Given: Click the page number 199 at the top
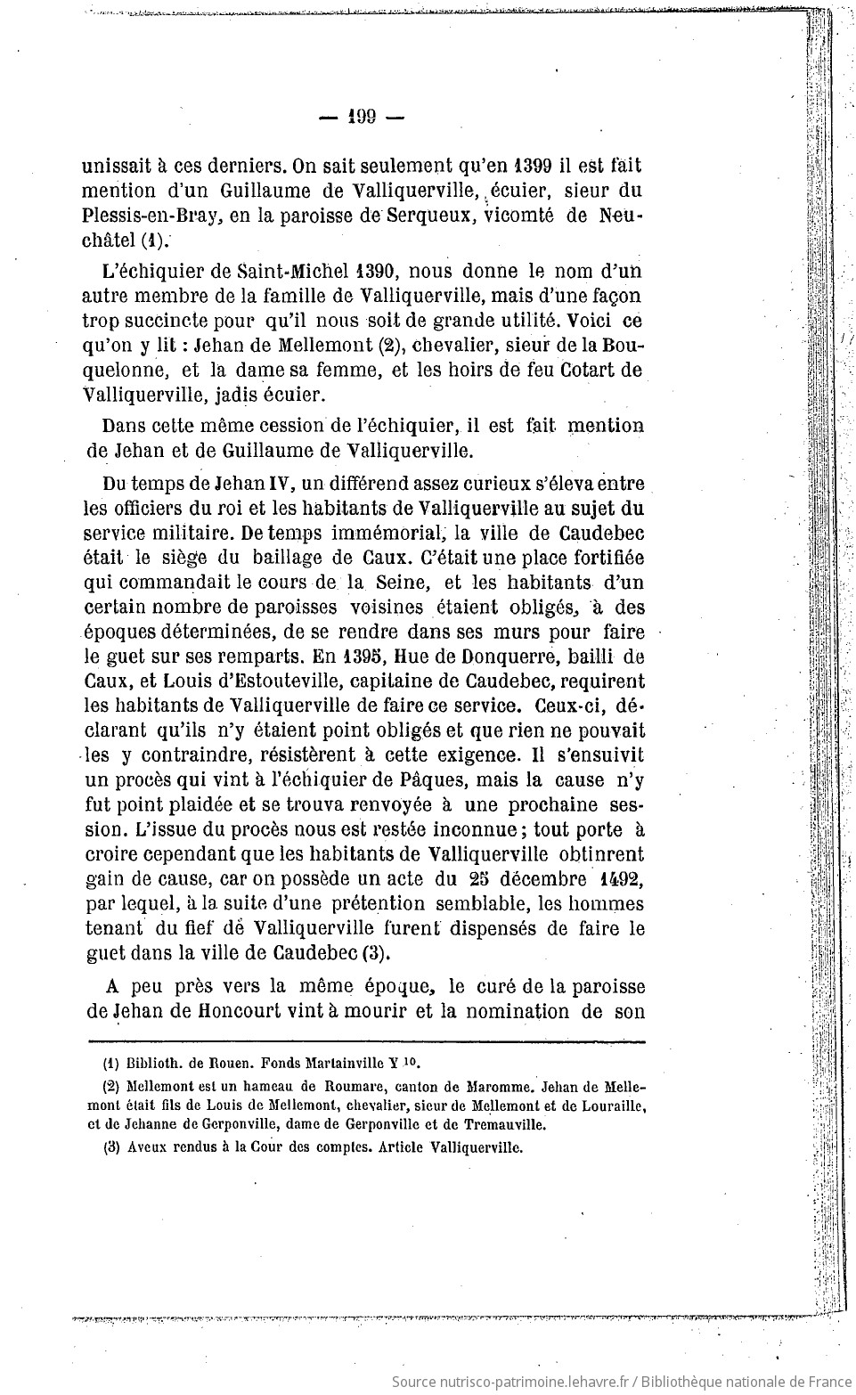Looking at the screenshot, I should (363, 117).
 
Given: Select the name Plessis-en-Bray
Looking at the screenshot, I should (139, 216).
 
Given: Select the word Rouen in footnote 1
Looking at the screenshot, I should (229, 1063).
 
